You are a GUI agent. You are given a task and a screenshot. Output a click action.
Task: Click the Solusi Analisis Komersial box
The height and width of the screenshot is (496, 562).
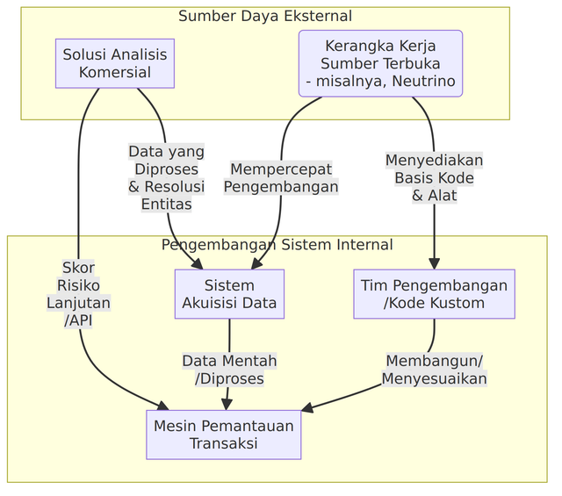114,63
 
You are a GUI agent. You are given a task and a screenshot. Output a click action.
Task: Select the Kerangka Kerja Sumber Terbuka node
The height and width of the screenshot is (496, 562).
380,63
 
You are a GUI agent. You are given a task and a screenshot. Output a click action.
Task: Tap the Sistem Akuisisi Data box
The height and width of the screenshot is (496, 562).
229,294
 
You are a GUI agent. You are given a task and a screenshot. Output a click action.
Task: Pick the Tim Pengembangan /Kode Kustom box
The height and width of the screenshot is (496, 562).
434,294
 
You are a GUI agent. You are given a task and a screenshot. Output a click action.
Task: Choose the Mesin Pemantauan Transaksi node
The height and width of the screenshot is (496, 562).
223,434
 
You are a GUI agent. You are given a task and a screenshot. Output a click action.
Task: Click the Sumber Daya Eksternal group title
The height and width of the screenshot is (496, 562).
264,16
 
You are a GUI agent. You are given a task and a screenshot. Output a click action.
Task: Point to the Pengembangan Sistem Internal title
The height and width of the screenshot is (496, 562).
277,245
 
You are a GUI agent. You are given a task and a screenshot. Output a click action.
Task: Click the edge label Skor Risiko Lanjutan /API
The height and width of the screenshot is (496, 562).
78,294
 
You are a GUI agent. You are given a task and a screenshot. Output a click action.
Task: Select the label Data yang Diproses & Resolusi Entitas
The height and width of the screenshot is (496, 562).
166,177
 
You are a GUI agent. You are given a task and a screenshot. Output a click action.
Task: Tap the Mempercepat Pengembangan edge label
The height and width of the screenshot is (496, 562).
281,177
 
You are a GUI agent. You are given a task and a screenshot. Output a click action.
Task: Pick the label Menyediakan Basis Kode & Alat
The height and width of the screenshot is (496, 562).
434,177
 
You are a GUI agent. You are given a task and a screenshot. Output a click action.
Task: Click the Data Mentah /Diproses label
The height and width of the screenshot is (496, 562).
229,370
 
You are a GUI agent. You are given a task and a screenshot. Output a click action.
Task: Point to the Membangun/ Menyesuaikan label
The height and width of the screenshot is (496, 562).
434,370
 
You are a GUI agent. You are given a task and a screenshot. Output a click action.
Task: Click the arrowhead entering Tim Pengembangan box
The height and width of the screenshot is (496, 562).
434,263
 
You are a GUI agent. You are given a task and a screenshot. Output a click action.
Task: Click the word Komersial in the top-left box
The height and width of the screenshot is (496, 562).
114,73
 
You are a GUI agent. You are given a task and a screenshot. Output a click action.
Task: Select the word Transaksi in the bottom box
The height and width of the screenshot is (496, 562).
223,443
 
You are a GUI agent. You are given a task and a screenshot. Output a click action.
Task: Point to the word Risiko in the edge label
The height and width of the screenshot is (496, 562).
78,285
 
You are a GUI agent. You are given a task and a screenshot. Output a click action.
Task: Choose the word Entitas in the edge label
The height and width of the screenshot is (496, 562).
166,205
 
